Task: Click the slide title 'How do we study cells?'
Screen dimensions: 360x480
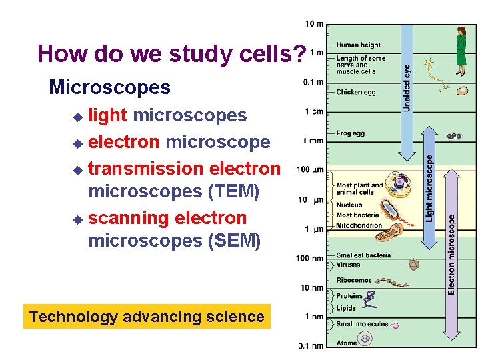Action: pyautogui.click(x=172, y=53)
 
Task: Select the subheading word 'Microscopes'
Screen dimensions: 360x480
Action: pyautogui.click(x=109, y=87)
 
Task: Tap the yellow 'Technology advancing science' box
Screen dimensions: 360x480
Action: pyautogui.click(x=147, y=317)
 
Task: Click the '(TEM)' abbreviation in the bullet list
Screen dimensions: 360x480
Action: pyautogui.click(x=233, y=191)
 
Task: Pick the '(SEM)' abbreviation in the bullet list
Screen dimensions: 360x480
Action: pyautogui.click(x=234, y=240)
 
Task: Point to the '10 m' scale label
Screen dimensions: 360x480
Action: pyautogui.click(x=315, y=24)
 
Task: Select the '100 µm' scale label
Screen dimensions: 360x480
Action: pyautogui.click(x=310, y=170)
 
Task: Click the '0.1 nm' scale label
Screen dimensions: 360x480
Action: pyautogui.click(x=311, y=345)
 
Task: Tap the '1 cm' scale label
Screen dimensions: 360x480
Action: pyautogui.click(x=315, y=111)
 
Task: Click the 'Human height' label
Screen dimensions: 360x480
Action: pyautogui.click(x=358, y=45)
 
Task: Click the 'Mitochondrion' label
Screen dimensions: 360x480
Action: pyautogui.click(x=359, y=225)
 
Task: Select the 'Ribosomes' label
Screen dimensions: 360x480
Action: pyautogui.click(x=354, y=281)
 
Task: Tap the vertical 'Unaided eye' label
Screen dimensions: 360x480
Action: pyautogui.click(x=407, y=87)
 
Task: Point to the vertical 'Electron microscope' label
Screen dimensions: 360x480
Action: pyautogui.click(x=451, y=254)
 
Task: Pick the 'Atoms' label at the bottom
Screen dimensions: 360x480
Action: pyautogui.click(x=347, y=343)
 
